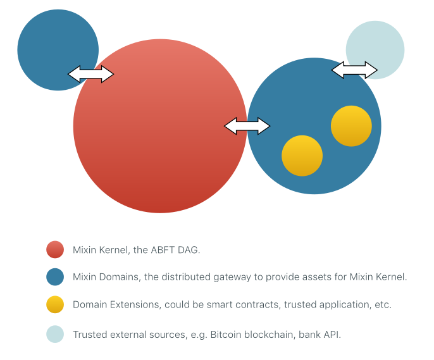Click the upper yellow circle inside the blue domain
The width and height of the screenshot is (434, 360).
pyautogui.click(x=351, y=126)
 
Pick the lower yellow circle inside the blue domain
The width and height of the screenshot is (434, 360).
pyautogui.click(x=302, y=156)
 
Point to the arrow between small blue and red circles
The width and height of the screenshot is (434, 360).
pyautogui.click(x=90, y=74)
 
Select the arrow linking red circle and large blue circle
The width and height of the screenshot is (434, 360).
pyautogui.click(x=247, y=126)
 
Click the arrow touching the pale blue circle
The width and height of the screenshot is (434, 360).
pyautogui.click(x=354, y=70)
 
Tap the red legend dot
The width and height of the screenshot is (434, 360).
pyautogui.click(x=55, y=249)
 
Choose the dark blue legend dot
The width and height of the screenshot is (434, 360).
pyautogui.click(x=55, y=277)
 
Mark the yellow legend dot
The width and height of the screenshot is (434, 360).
pyautogui.click(x=55, y=305)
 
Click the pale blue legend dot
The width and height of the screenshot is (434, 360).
pyautogui.click(x=55, y=334)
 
